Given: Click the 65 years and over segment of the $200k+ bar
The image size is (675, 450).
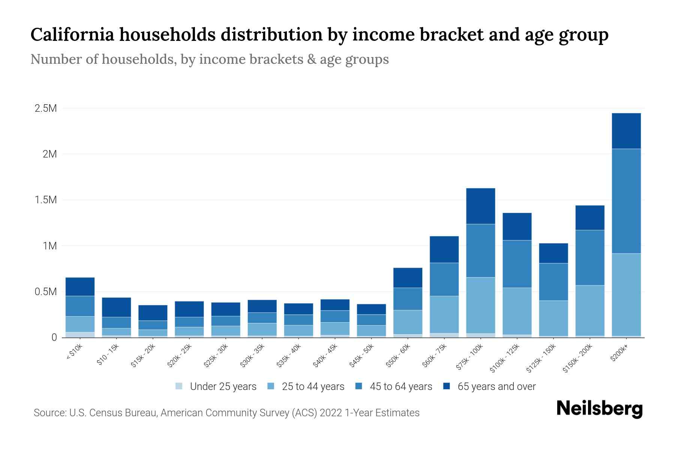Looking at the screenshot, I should (626, 131).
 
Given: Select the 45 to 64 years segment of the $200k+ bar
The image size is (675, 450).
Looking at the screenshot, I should (626, 201).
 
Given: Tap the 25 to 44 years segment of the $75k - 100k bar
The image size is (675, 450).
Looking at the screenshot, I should (480, 305).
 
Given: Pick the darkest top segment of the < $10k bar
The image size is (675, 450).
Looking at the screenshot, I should (80, 286).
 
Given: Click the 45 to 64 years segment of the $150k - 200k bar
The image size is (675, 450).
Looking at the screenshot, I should (589, 258).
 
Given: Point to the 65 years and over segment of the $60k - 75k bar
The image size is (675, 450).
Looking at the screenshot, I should (444, 249).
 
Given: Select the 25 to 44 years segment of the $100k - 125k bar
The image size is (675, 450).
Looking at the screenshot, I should (517, 311).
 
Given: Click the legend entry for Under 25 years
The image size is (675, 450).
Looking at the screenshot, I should (216, 386).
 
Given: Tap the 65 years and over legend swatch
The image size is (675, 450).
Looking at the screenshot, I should (447, 386).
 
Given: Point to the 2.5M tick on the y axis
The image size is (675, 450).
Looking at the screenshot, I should (46, 109).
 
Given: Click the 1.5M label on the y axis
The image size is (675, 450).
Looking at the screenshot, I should (46, 200).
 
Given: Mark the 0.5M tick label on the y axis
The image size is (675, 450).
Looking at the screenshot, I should (46, 292).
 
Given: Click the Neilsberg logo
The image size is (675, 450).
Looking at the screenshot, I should (599, 409).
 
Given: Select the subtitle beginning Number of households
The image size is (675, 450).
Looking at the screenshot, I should (209, 59).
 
